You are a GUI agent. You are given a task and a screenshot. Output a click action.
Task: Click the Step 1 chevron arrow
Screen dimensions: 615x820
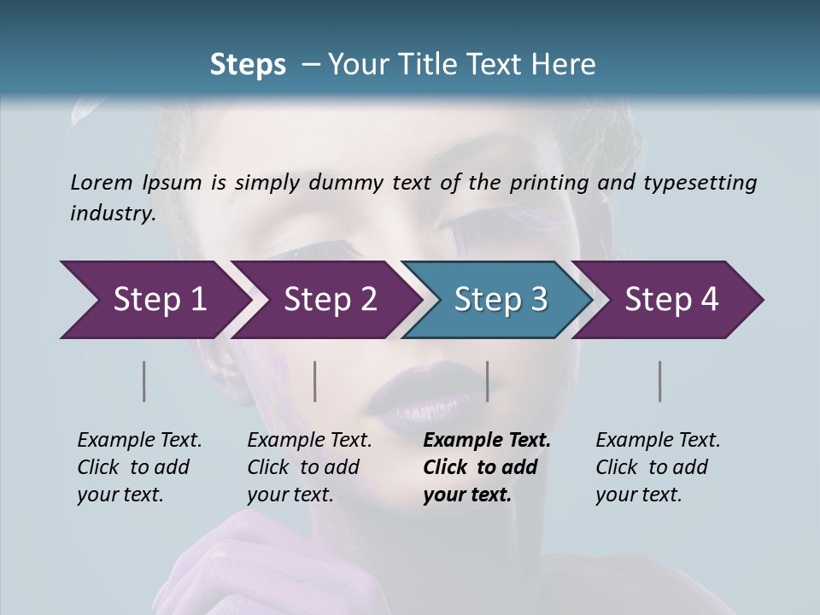[x=154, y=300]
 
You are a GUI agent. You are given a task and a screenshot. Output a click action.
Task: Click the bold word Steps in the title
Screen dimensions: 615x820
[x=248, y=65]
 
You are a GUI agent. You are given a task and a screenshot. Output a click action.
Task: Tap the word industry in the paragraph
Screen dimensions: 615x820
[x=112, y=213]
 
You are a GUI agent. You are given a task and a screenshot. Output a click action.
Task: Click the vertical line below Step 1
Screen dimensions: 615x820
[x=144, y=381]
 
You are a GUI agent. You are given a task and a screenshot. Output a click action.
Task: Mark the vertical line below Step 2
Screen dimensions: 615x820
[x=315, y=381]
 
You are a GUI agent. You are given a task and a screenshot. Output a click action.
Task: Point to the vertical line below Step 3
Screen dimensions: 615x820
[x=488, y=381]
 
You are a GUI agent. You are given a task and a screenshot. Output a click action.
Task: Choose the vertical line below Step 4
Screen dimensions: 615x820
[x=660, y=381]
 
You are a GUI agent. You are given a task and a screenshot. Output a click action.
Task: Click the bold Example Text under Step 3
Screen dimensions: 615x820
[x=487, y=441]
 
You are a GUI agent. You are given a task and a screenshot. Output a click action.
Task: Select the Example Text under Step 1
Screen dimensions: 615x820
[x=139, y=441]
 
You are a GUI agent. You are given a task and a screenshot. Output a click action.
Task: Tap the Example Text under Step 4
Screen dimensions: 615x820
[x=658, y=441]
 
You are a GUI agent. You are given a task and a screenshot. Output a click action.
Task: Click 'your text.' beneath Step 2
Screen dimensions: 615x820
[x=290, y=495]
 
